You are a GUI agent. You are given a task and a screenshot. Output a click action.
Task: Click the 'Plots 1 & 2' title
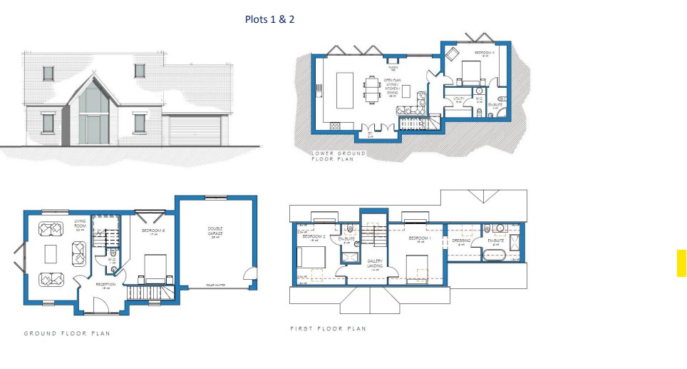[269, 19]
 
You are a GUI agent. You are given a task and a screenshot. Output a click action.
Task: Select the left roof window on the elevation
[48, 72]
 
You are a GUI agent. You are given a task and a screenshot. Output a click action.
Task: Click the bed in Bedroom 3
[155, 269]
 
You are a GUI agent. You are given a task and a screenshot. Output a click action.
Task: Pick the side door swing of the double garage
[247, 274]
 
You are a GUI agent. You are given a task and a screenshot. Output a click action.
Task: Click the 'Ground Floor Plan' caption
[67, 333]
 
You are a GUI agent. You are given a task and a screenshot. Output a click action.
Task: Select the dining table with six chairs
[371, 89]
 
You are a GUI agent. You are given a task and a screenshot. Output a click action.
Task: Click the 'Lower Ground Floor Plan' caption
[338, 157]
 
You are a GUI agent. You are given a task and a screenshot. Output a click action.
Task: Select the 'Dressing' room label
[461, 241]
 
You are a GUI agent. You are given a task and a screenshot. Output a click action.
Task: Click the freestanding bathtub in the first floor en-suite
[496, 254]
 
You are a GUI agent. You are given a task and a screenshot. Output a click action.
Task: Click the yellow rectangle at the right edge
[681, 263]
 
